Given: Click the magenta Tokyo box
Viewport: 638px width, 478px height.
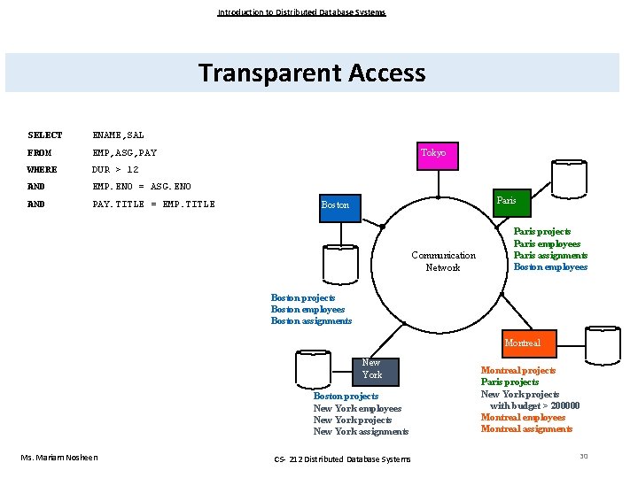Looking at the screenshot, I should [433, 153].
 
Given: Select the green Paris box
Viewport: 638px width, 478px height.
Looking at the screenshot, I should [506, 201].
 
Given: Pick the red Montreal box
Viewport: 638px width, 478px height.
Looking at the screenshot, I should [522, 343].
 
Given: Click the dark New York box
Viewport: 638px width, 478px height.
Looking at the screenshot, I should [371, 369].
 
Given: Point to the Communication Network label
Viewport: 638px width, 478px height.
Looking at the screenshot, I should [443, 261].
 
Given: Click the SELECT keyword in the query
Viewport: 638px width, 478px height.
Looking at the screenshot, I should [45, 135].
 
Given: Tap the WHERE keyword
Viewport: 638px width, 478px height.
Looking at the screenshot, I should [43, 170].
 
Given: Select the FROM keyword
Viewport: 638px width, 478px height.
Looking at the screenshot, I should [40, 153].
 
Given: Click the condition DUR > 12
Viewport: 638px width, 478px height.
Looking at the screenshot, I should [116, 170].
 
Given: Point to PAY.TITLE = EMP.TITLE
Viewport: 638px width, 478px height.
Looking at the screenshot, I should [154, 204].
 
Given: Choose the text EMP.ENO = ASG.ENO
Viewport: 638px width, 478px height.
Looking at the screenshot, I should [142, 187].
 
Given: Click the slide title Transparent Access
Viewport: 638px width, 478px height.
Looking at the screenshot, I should [312, 73].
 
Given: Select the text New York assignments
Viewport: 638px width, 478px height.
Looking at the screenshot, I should [361, 432].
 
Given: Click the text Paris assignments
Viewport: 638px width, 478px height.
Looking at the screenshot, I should [550, 255].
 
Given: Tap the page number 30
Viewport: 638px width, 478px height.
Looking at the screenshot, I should [583, 455].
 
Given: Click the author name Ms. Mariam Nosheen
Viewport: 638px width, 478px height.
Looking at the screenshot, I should [59, 457].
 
